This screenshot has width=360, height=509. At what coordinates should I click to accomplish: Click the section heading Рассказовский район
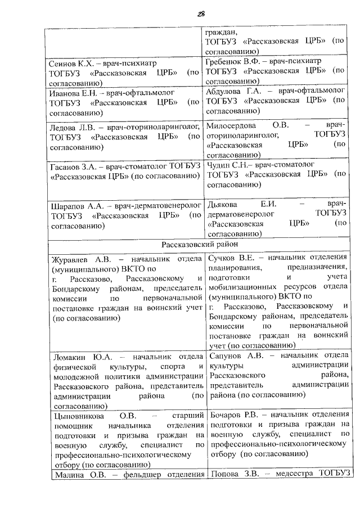200,245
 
